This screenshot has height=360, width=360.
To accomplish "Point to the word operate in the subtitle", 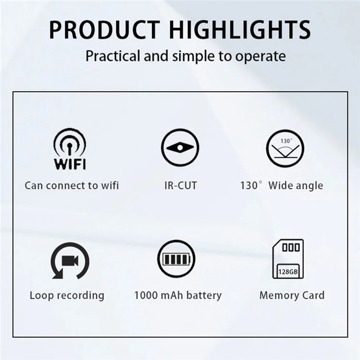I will [x=261, y=57].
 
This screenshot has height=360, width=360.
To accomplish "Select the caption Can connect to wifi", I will [x=72, y=186].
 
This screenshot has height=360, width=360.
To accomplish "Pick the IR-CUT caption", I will [x=180, y=186].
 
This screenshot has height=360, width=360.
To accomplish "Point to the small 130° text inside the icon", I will [x=286, y=141].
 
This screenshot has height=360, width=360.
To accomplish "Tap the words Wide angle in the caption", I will [x=296, y=186].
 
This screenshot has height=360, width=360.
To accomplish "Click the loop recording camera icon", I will [x=70, y=261].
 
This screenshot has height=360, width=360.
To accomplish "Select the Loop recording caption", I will [x=67, y=295].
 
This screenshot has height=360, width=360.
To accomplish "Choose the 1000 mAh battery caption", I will [x=178, y=295].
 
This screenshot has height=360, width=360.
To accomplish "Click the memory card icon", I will [x=287, y=260].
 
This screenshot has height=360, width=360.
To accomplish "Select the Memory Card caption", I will [x=292, y=295].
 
